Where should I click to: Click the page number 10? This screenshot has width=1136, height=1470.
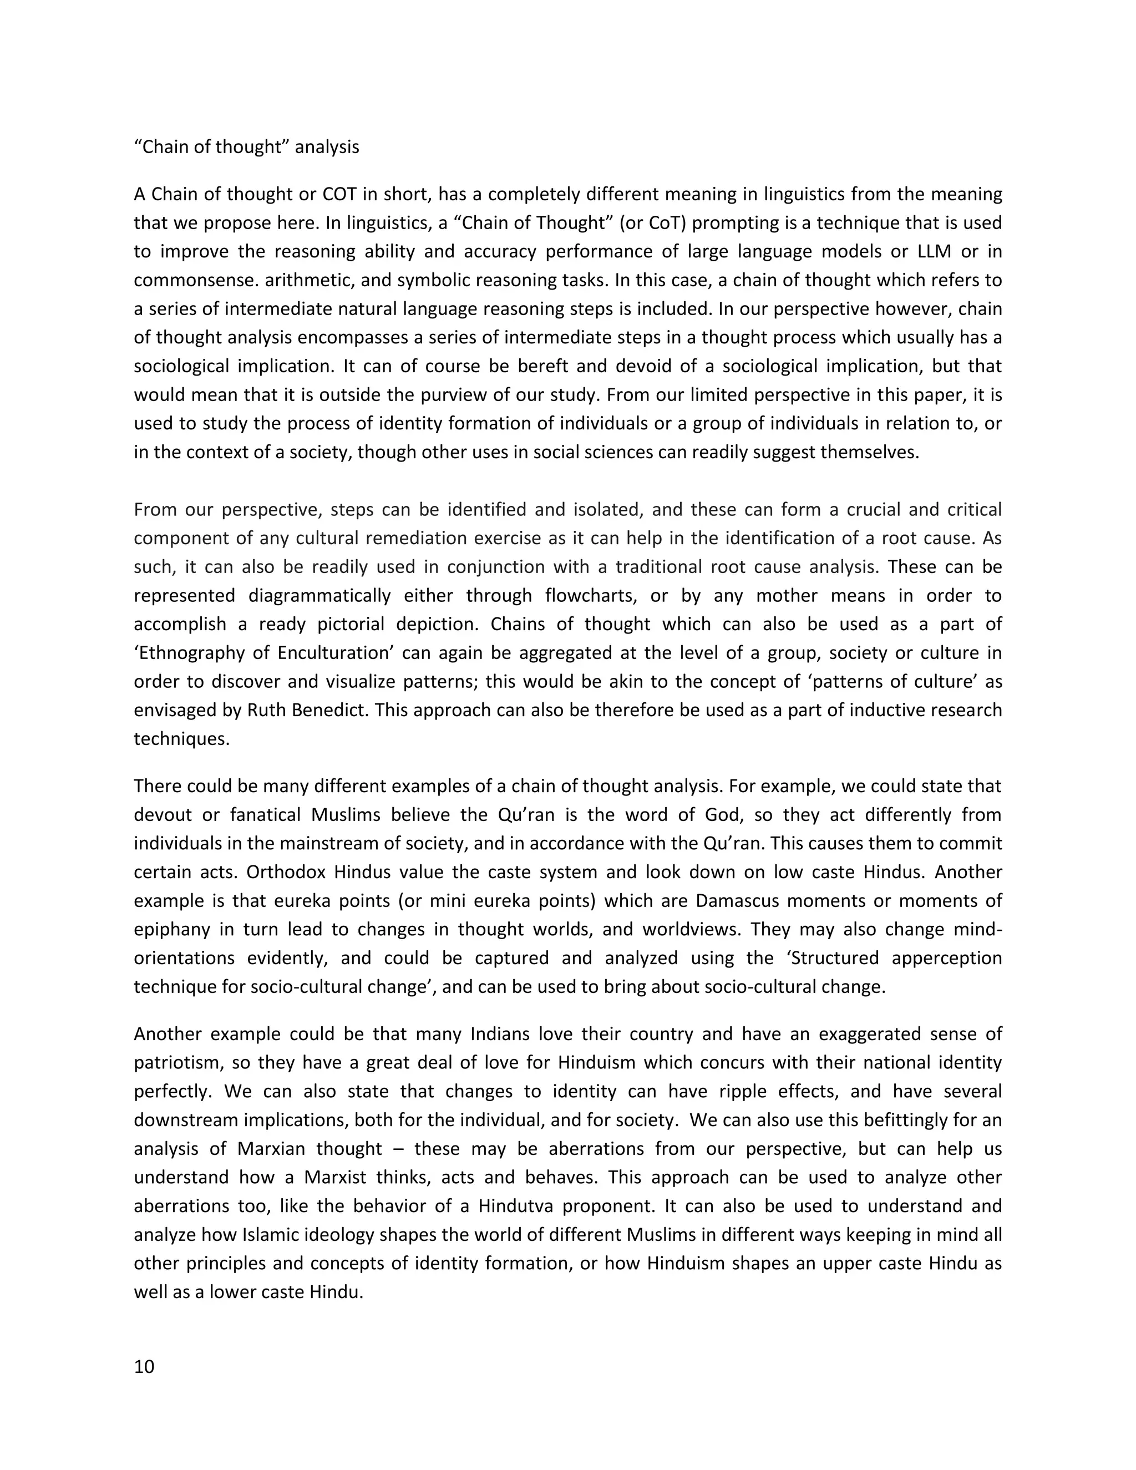coord(144,1366)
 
